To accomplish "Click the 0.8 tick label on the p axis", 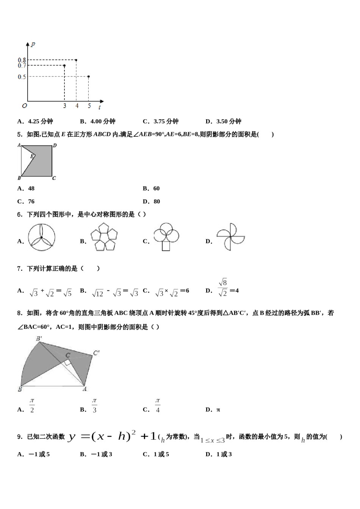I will pyautogui.click(x=22, y=60).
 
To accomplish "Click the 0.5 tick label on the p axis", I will pyautogui.click(x=22, y=77).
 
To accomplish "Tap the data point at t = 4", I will pyautogui.click(x=77, y=60).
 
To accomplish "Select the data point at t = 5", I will pyautogui.click(x=89, y=77).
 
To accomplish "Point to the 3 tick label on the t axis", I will pyautogui.click(x=64, y=106).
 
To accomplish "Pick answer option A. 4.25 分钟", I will pyautogui.click(x=35, y=122).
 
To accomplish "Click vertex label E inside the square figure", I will pyautogui.click(x=32, y=156).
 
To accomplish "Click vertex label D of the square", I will pyautogui.click(x=55, y=145).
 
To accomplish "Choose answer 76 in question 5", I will pyautogui.click(x=26, y=201).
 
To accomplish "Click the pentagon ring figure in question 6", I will pyautogui.click(x=104, y=237).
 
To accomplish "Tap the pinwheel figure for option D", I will pyautogui.click(x=230, y=237).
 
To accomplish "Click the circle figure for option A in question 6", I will pyautogui.click(x=41, y=237).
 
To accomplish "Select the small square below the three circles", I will pyautogui.click(x=166, y=246).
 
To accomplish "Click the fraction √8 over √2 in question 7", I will pyautogui.click(x=223, y=287).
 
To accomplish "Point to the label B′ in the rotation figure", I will pyautogui.click(x=39, y=339).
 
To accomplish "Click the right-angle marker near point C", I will pyautogui.click(x=67, y=362).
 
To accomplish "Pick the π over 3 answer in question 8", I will pyautogui.click(x=94, y=405).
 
